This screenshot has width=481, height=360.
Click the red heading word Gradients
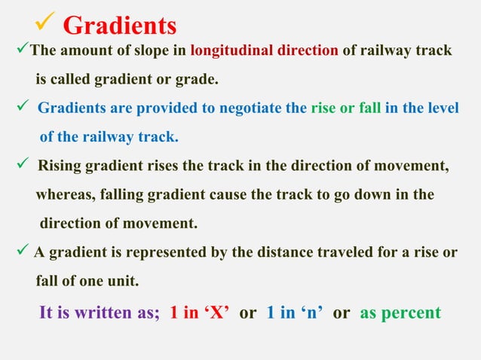click(120, 26)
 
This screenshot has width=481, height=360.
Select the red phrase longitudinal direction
click(265, 51)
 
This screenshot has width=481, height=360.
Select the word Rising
click(60, 166)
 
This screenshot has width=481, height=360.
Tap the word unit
click(123, 281)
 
